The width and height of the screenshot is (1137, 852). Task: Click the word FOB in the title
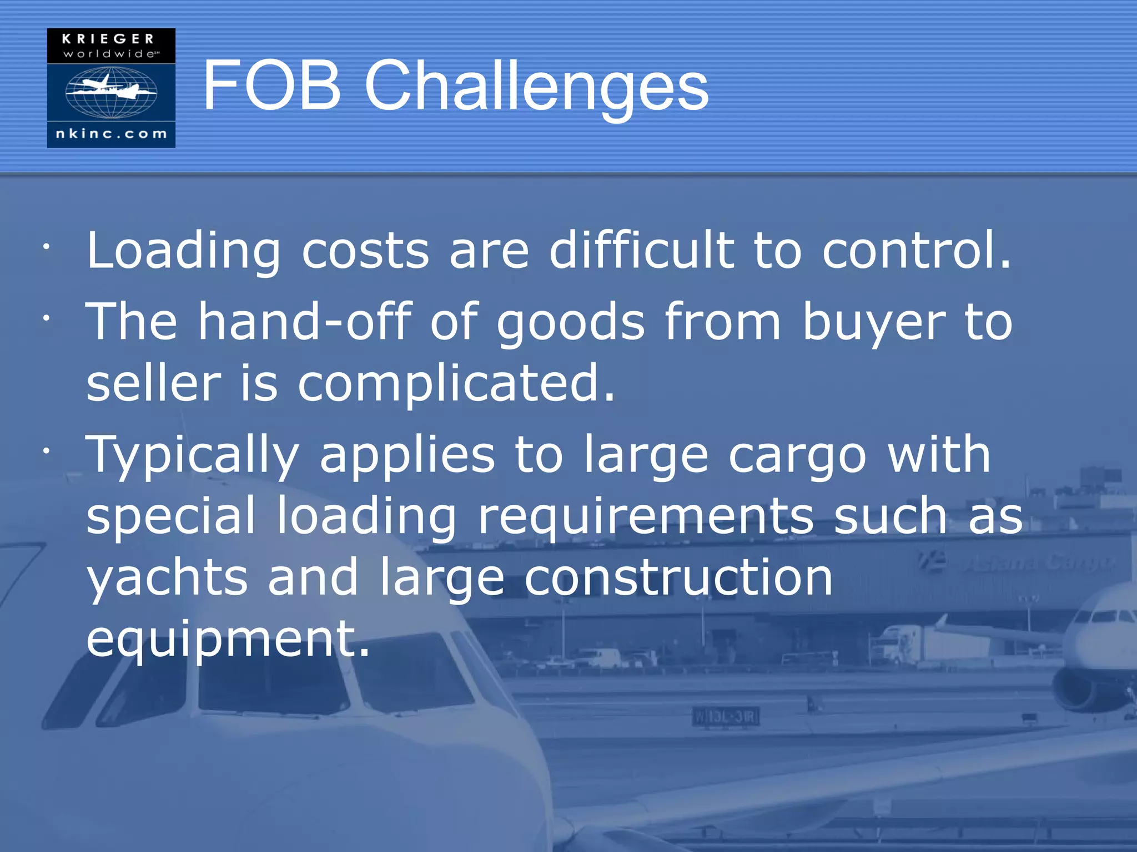271,86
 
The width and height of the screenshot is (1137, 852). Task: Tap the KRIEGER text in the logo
108,39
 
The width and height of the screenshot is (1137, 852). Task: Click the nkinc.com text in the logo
111,134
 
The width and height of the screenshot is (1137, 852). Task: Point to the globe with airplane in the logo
111,92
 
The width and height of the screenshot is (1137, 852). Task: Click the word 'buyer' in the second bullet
874,322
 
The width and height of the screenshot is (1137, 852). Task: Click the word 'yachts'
167,578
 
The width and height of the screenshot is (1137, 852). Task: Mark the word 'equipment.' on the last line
228,639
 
